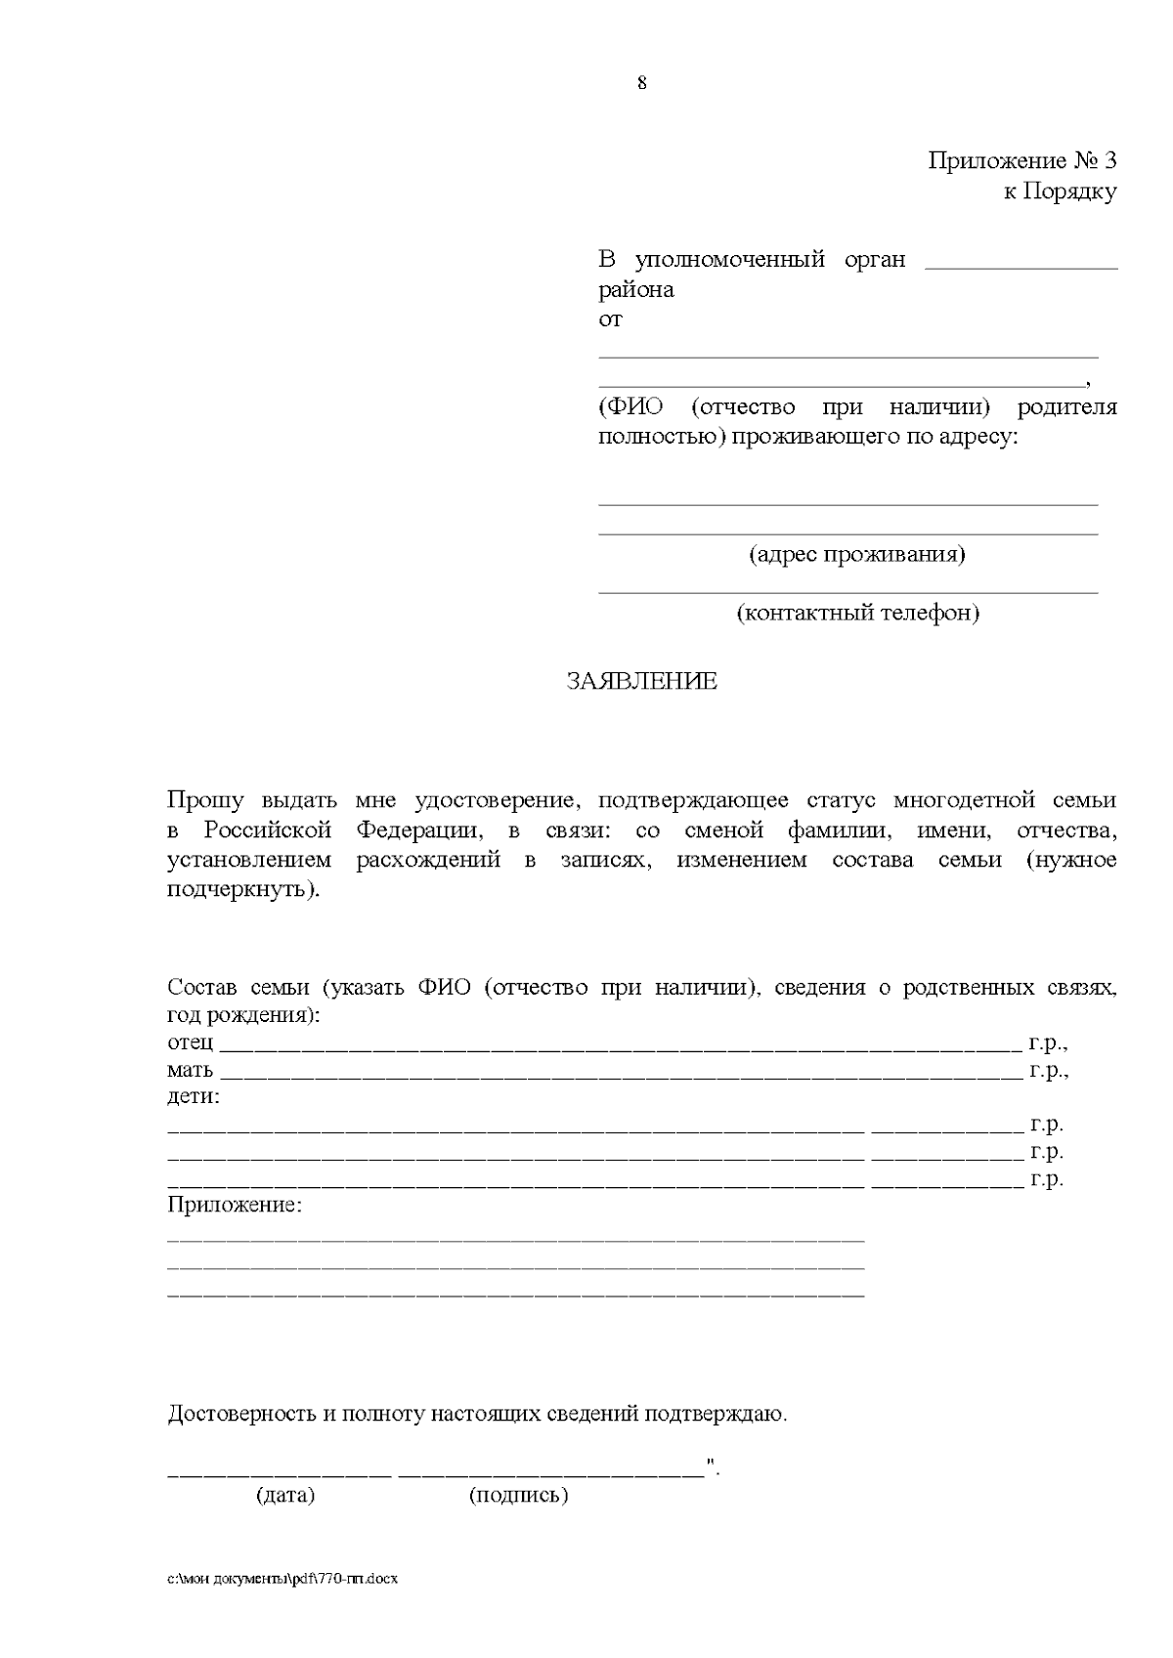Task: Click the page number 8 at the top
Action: [x=641, y=83]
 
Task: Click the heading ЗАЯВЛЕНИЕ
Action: [x=641, y=682]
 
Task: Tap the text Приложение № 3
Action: [x=1021, y=161]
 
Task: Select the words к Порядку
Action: [x=1060, y=191]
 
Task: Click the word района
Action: [x=635, y=290]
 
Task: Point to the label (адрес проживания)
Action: [x=857, y=555]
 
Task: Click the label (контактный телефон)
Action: [x=857, y=614]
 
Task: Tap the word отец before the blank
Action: [x=190, y=1042]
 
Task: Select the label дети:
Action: [x=194, y=1096]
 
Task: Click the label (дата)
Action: [x=285, y=1495]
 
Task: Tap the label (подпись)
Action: [x=518, y=1495]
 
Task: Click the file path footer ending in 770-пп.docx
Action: [x=282, y=1579]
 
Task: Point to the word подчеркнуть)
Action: [x=243, y=891]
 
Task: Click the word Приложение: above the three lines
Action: [x=235, y=1206]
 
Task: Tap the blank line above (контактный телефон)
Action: [x=847, y=592]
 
